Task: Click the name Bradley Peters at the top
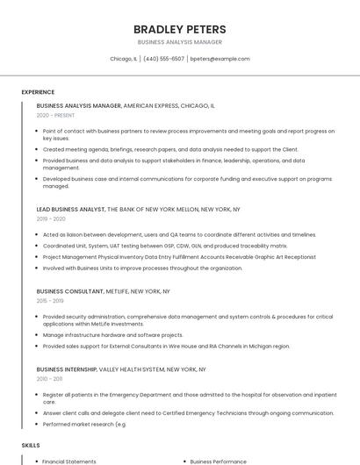click(180, 29)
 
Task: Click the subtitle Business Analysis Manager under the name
click(180, 42)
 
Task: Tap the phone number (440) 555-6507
click(163, 59)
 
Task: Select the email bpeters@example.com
click(220, 59)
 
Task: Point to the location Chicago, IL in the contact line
click(123, 59)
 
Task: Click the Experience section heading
click(38, 92)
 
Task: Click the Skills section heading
click(31, 446)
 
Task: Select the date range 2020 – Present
click(56, 115)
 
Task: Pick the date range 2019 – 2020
click(51, 219)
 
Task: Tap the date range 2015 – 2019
click(51, 300)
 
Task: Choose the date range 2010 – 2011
click(50, 379)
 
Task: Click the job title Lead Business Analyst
click(70, 210)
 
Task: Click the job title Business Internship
click(67, 369)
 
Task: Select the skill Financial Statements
click(69, 461)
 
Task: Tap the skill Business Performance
click(219, 461)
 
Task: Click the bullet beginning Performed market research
click(85, 425)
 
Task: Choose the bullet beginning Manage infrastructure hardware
click(112, 335)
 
